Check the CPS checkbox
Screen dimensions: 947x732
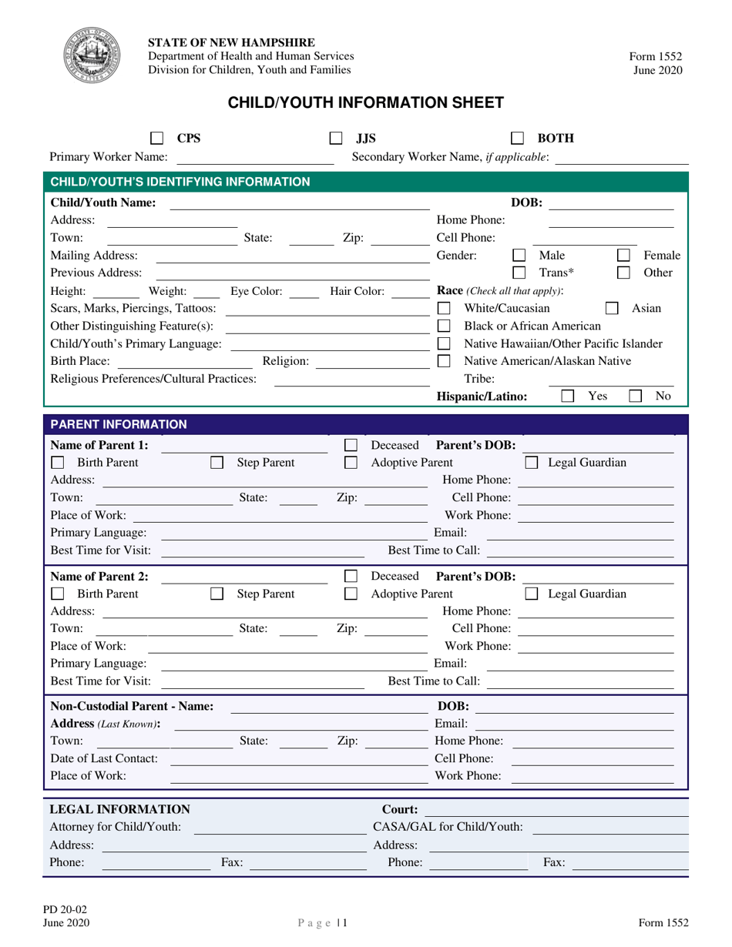pos(156,139)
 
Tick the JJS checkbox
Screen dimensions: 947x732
pos(336,139)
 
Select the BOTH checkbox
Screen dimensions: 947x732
pos(518,139)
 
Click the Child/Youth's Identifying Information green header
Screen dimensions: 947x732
pos(365,182)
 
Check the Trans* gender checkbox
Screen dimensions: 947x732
pos(520,273)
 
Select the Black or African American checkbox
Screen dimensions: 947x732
pos(443,326)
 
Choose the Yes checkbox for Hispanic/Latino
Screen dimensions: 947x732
pos(567,397)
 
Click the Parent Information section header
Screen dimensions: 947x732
pos(365,424)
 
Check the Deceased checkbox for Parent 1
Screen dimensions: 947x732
pos(351,446)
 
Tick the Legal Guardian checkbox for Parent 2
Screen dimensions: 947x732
pos(532,594)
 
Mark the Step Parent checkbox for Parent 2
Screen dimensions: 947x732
pos(217,594)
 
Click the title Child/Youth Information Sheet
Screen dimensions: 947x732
pos(365,102)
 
